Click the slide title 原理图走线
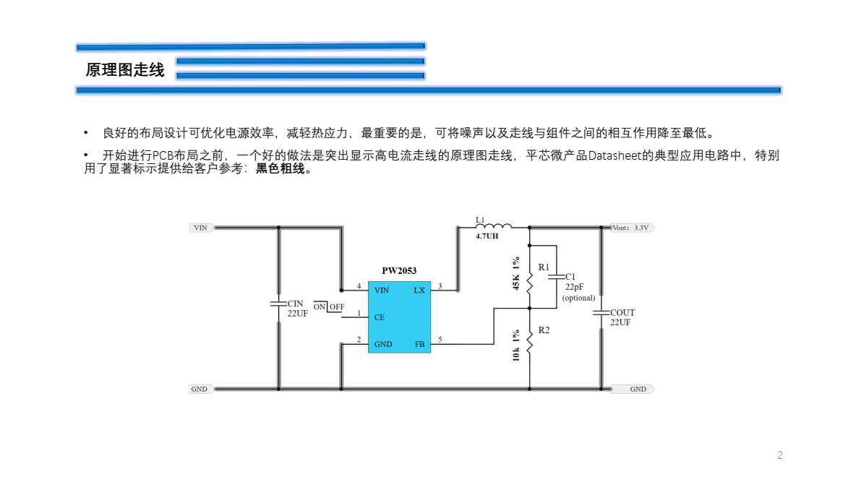click(x=125, y=70)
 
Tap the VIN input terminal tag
click(x=201, y=228)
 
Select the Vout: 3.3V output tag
click(x=632, y=228)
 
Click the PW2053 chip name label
click(x=399, y=271)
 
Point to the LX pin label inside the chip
click(x=419, y=291)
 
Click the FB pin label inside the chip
click(x=419, y=344)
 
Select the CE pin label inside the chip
click(x=380, y=317)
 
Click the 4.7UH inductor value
click(x=487, y=236)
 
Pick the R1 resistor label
click(x=544, y=267)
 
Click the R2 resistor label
click(x=544, y=330)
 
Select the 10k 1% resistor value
click(x=516, y=346)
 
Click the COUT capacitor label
click(x=622, y=313)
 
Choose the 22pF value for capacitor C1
click(x=574, y=287)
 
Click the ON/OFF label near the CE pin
click(x=329, y=307)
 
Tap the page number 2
click(x=780, y=455)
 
